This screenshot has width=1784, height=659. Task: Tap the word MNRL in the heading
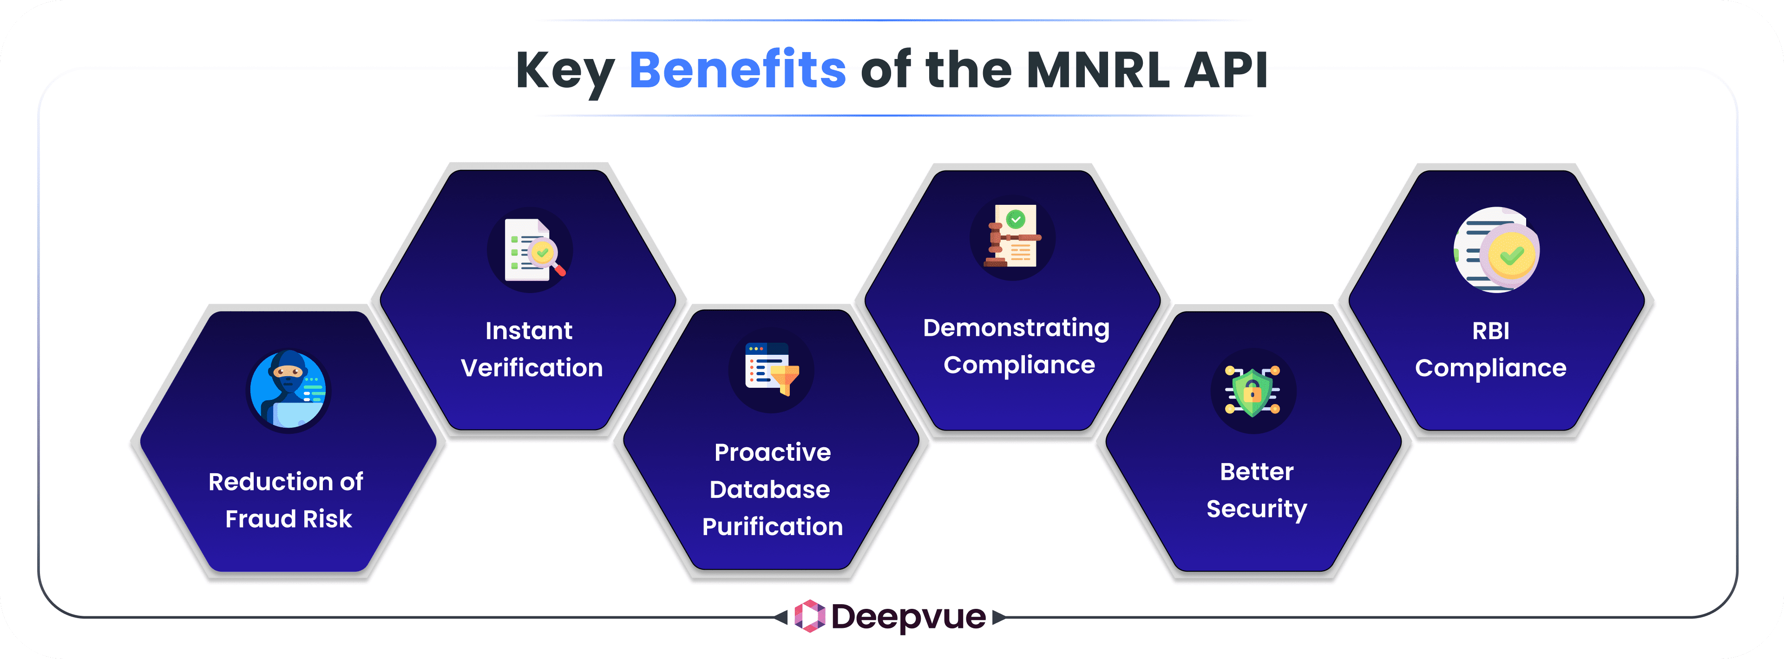(x=1098, y=70)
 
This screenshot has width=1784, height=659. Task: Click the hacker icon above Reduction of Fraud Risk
(x=288, y=391)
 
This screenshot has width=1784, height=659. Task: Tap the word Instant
(x=528, y=331)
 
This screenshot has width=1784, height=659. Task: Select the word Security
(x=1256, y=509)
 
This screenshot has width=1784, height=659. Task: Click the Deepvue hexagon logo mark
(x=809, y=616)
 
